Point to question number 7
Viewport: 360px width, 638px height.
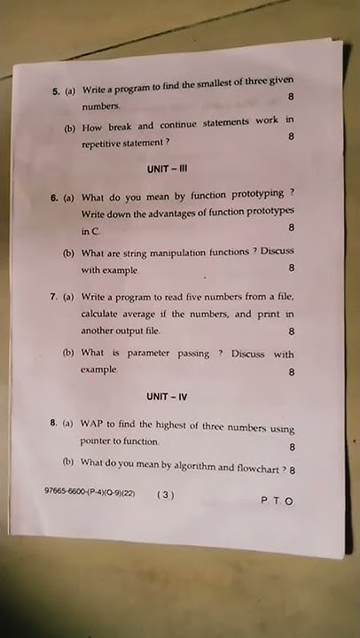click(x=54, y=298)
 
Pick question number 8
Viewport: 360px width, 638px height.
click(x=54, y=424)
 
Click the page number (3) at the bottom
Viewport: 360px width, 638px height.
click(x=166, y=495)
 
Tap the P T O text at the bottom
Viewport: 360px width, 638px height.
click(x=276, y=501)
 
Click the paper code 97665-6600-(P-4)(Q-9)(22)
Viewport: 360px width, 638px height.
click(x=89, y=491)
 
